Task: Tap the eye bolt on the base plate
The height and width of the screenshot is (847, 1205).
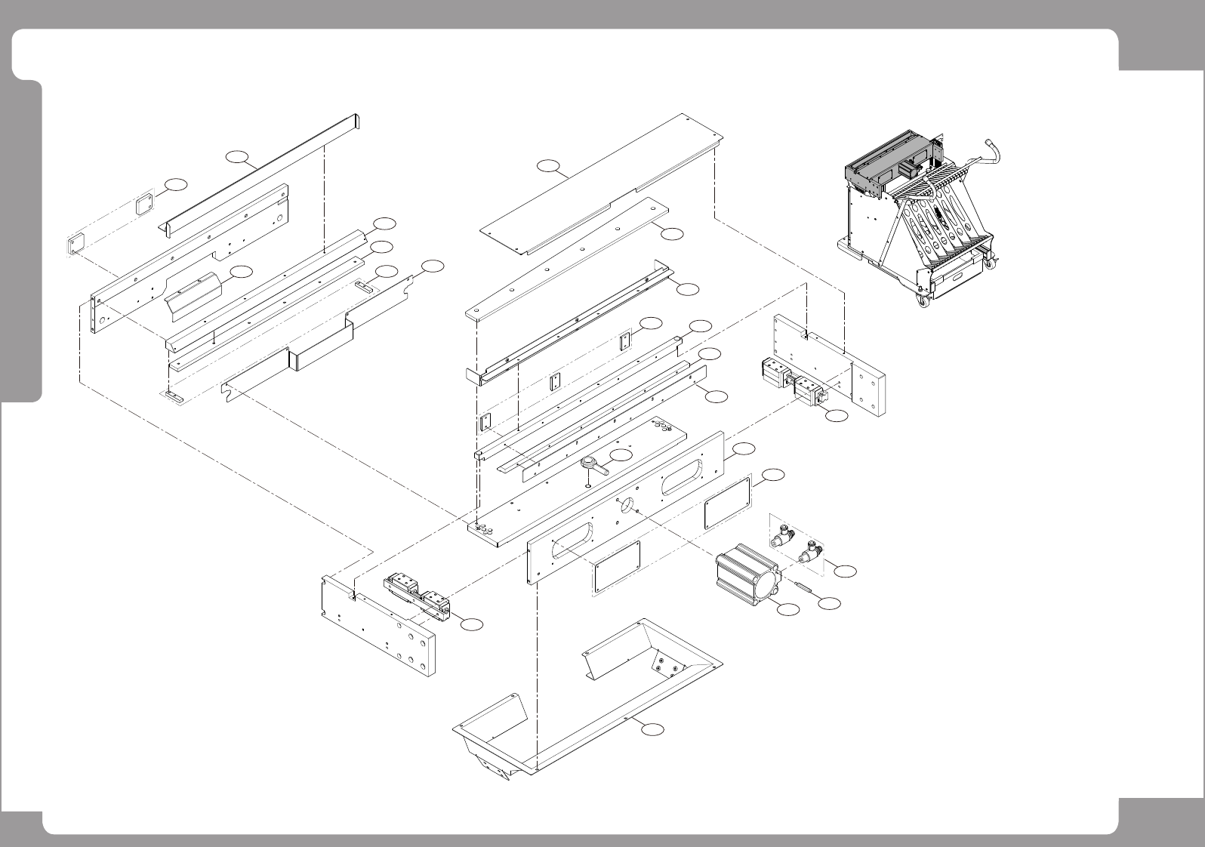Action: click(x=594, y=466)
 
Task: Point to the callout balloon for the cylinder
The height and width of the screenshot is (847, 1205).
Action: click(x=788, y=609)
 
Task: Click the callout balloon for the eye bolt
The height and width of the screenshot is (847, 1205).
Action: click(x=620, y=455)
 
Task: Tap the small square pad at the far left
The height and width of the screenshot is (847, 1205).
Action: click(x=76, y=245)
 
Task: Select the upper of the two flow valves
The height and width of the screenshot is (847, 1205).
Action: click(x=781, y=537)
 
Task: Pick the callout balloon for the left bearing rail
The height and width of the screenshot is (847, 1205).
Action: click(x=472, y=624)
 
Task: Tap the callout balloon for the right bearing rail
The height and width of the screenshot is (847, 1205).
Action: click(x=836, y=416)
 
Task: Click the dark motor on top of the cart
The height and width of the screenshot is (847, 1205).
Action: click(x=908, y=171)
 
